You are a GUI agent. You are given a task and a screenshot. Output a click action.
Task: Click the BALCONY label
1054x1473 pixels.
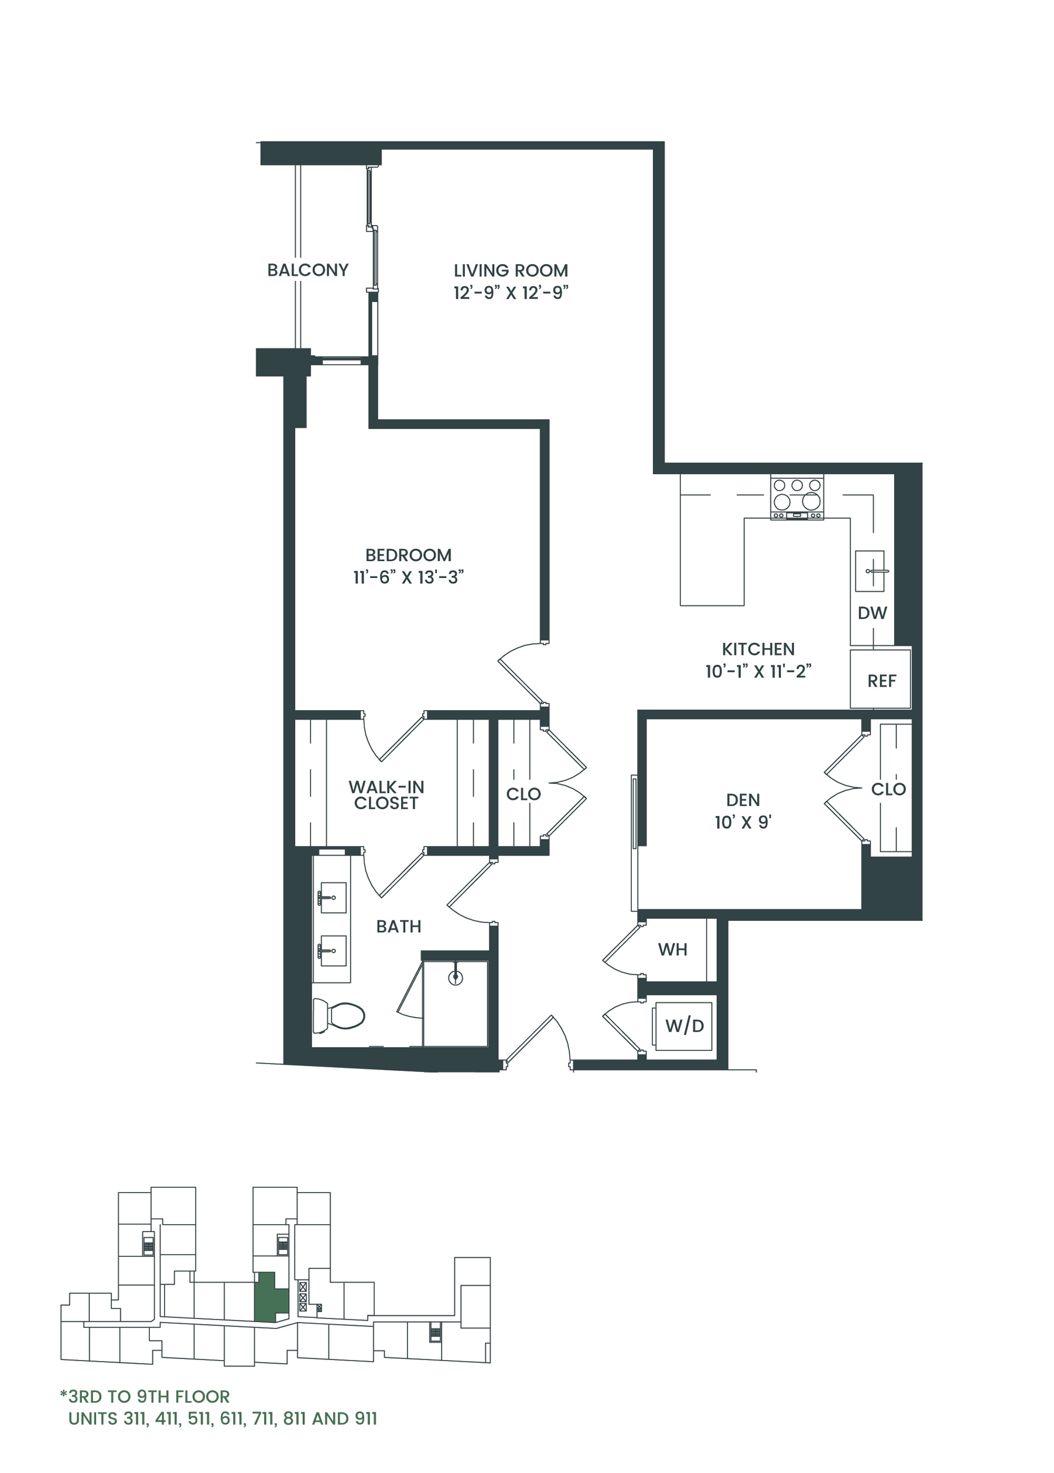click(x=307, y=270)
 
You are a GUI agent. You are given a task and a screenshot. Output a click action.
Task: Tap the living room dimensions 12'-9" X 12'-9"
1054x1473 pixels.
click(x=511, y=293)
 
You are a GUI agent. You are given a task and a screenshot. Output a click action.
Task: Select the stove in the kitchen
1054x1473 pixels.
click(x=797, y=497)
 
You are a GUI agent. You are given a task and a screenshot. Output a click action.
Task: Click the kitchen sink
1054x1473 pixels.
click(x=870, y=571)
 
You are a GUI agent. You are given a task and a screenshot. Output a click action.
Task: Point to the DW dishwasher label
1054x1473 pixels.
click(x=872, y=613)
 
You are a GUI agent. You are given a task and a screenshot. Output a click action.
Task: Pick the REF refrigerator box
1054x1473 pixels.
click(x=881, y=678)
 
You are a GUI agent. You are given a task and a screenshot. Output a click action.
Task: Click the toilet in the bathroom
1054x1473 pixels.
click(x=338, y=1016)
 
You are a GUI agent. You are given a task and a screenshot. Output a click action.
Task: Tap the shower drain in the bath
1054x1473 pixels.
click(x=456, y=978)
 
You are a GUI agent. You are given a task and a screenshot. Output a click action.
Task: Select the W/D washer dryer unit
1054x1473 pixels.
click(x=684, y=1026)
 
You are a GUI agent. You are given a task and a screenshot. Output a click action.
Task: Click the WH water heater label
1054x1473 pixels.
click(x=672, y=950)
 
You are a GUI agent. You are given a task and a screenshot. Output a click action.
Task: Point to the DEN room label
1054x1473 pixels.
click(x=743, y=800)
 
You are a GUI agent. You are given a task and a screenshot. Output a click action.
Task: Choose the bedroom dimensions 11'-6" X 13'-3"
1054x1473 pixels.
click(x=409, y=577)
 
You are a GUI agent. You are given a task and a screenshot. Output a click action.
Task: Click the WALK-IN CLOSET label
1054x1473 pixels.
click(x=386, y=795)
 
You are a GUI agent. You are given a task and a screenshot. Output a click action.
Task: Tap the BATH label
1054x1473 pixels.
click(x=399, y=927)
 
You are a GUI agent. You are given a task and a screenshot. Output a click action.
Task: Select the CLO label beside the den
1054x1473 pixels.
click(x=888, y=789)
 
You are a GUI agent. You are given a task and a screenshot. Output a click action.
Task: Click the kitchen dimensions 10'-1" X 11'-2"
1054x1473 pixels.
click(x=758, y=672)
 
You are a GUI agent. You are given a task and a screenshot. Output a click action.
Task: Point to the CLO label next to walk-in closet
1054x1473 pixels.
click(x=523, y=794)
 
